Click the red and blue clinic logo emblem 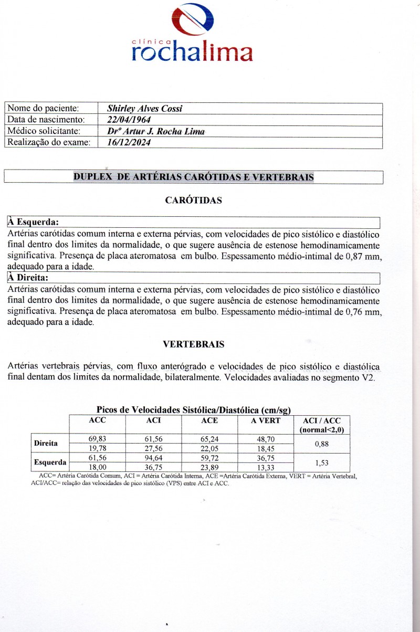(x=193, y=20)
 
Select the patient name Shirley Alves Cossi (x=145, y=109)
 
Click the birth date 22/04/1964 (x=129, y=120)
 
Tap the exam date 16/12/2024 (x=129, y=142)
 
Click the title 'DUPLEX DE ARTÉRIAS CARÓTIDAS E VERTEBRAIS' (x=193, y=177)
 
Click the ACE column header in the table (x=209, y=420)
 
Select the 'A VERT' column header (x=266, y=420)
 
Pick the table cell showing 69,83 (x=98, y=438)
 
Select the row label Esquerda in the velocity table (x=50, y=462)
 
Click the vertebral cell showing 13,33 (x=266, y=467)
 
